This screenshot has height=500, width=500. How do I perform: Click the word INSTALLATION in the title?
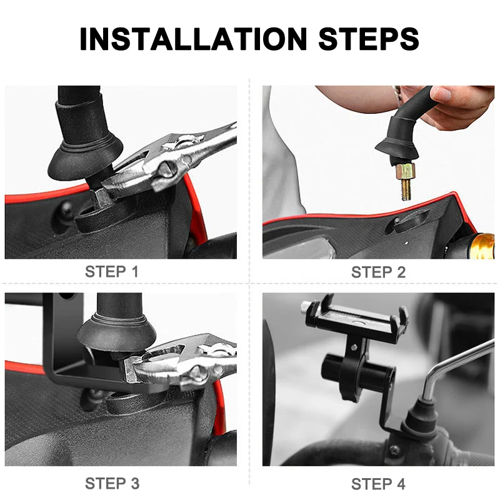tap(193, 39)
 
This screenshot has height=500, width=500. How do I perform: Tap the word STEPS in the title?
tap(369, 39)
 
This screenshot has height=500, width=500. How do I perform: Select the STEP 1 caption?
tap(112, 272)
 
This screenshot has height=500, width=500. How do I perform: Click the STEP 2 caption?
tap(378, 272)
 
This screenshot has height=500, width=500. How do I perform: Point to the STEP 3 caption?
tap(112, 483)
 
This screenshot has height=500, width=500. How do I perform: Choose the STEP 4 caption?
tap(378, 483)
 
